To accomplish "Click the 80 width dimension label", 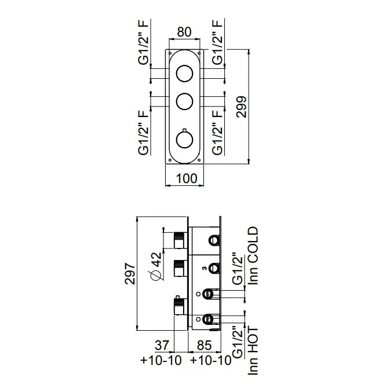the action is coord(184,32).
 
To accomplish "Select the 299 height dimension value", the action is coord(242,107).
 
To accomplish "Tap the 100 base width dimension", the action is coord(187,178).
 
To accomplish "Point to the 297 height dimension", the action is coord(130,273).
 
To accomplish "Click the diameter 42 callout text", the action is coord(156,266).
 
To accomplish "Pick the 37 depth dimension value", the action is coord(162,345).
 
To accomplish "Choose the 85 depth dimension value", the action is coord(204,345).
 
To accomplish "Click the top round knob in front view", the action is coord(184,74).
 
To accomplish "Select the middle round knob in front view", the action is coord(184,101).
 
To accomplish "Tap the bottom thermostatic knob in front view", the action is coord(184,140).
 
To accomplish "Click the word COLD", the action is coord(253,245).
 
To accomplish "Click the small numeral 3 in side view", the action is coord(204,268).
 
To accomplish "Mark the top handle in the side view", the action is coord(180,240).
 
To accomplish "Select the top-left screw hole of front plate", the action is coord(170,53).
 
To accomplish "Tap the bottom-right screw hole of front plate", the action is coord(199,160).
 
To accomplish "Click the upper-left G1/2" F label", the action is coord(144,42).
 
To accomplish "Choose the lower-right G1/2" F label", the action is coord(218,133).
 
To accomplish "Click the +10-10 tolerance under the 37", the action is coord(161,360).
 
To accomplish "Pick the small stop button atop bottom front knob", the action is coord(184,130).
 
